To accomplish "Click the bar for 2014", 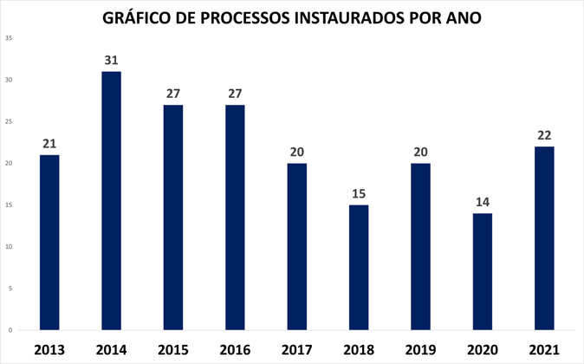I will [x=111, y=200].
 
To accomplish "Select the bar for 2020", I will [x=482, y=271].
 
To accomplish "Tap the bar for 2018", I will [x=359, y=267].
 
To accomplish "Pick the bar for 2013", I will [x=49, y=242].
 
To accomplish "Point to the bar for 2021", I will [x=544, y=237].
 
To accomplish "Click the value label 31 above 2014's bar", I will [x=111, y=60].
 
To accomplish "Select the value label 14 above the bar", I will [x=482, y=202].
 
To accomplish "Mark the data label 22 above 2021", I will [x=544, y=135].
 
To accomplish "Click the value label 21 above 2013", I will [x=49, y=144].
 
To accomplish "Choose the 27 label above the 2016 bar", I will [x=235, y=94].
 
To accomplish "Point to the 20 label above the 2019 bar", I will [x=420, y=152].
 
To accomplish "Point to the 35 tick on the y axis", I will [x=8, y=38].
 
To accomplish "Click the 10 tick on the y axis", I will [x=8, y=247].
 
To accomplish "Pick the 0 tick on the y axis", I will [x=10, y=330].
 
